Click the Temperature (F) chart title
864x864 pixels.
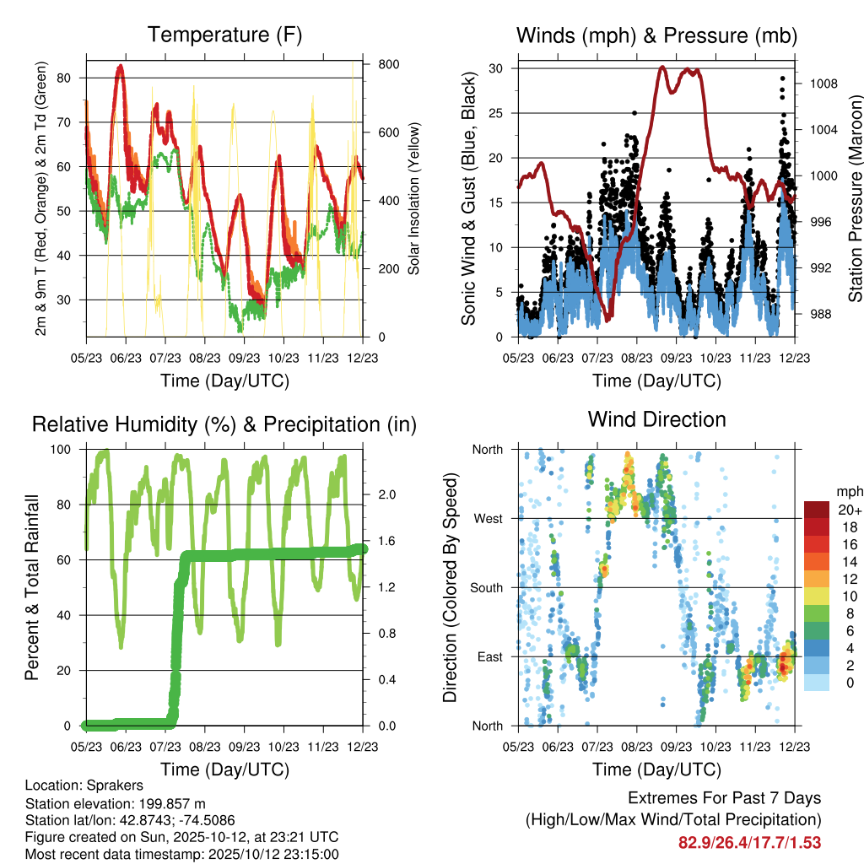click(x=224, y=35)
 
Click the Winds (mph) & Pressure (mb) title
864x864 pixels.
click(x=656, y=35)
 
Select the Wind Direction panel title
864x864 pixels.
click(x=656, y=419)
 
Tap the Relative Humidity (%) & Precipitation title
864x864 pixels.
click(x=224, y=424)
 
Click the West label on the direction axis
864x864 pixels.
click(x=487, y=518)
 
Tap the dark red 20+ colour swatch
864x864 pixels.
click(x=816, y=510)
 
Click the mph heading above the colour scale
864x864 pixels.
click(x=849, y=491)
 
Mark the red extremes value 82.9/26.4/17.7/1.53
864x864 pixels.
click(x=749, y=842)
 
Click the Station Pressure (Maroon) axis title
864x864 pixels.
click(x=855, y=199)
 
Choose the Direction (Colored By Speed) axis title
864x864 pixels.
click(x=450, y=587)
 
